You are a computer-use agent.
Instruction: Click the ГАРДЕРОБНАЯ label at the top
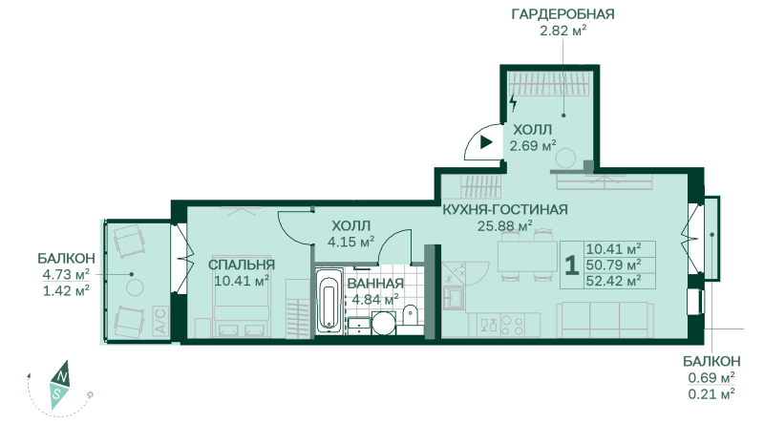point(562,14)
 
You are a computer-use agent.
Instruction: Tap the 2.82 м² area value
point(562,32)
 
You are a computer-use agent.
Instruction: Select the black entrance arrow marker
point(486,142)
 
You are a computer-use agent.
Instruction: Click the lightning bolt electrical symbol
point(513,102)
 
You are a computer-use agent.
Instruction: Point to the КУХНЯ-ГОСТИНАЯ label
point(505,209)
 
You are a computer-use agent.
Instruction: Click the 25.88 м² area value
point(505,226)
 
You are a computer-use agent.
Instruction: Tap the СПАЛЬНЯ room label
point(242,265)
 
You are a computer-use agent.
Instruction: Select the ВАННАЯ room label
point(375,284)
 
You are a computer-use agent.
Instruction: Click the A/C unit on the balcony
point(160,320)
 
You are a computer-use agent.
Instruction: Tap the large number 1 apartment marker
point(571,265)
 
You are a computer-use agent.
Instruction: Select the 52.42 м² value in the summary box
point(613,282)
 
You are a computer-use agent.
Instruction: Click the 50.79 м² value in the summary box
point(613,265)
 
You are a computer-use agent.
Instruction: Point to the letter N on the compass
point(61,376)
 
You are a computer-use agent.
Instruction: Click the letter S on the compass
point(57,393)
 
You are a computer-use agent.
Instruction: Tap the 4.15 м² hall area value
point(350,243)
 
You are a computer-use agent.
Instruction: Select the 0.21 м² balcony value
point(711,393)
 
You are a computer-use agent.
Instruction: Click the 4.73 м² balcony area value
point(66,274)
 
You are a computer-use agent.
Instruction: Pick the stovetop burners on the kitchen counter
point(513,325)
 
